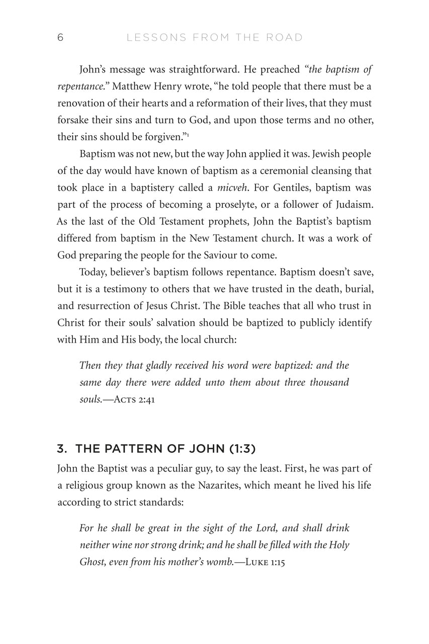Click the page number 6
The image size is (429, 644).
point(60,38)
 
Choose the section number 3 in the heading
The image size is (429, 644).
point(61,448)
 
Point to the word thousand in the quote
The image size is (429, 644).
point(327,382)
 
